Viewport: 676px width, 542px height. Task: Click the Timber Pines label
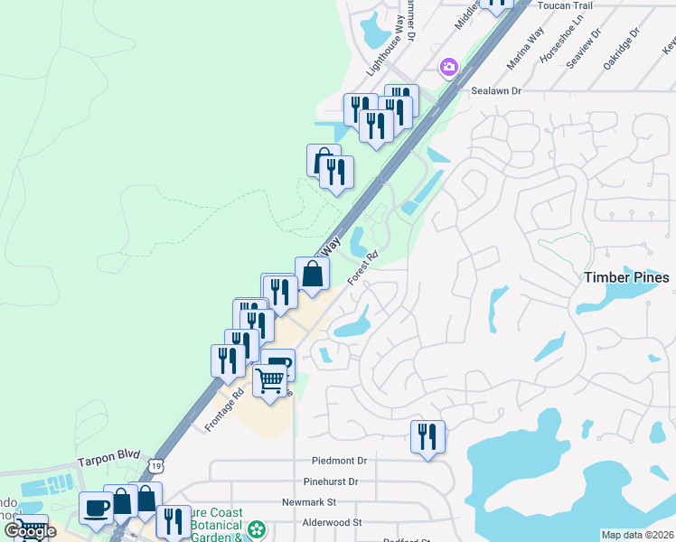click(626, 277)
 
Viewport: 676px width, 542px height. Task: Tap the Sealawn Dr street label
click(497, 91)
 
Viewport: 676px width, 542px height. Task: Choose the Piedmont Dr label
click(339, 461)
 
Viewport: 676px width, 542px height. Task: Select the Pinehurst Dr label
click(333, 481)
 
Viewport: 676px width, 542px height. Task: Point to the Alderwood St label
click(332, 523)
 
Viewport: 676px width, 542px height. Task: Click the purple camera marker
click(448, 67)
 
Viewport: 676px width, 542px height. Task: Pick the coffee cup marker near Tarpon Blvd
click(96, 508)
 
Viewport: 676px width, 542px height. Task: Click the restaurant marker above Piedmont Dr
click(427, 436)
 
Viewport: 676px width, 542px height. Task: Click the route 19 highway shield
click(156, 465)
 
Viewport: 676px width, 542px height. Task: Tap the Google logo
click(30, 531)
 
